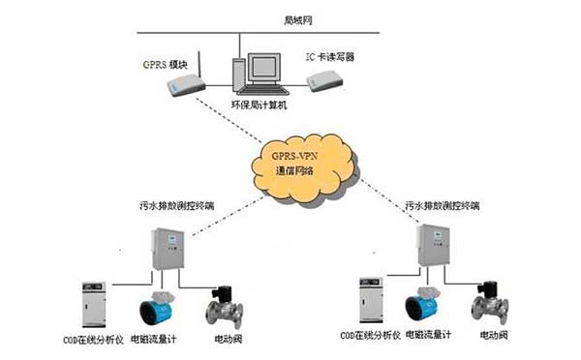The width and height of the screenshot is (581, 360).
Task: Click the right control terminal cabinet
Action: coord(432,250)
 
